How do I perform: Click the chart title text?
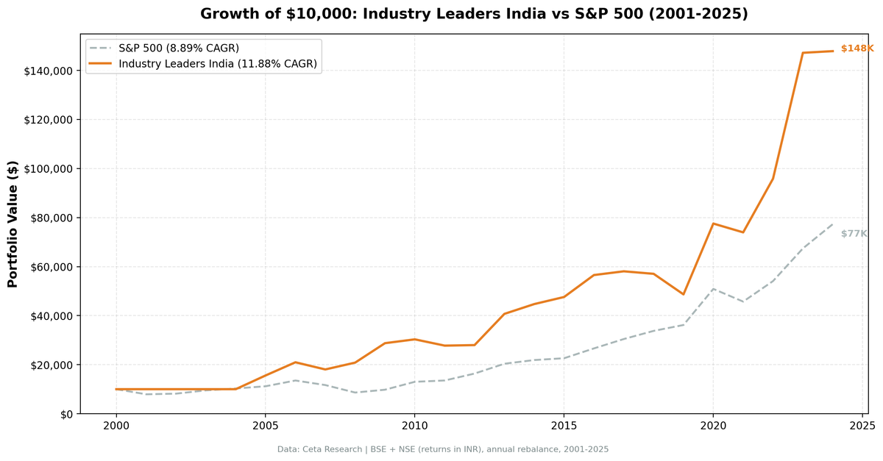(x=474, y=14)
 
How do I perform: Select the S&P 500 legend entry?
(x=178, y=49)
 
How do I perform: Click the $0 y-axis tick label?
(x=66, y=414)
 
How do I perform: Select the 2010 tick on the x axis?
(x=414, y=426)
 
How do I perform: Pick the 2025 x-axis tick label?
(x=862, y=426)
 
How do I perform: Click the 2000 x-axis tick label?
(x=116, y=426)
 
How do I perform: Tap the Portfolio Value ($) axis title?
(x=13, y=224)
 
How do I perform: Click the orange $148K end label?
(x=857, y=49)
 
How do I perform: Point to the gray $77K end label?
(x=854, y=234)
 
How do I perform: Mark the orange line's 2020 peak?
(x=713, y=224)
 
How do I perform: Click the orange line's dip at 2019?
(x=684, y=294)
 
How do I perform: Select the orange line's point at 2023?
(x=803, y=53)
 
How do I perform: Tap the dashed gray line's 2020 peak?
(x=713, y=289)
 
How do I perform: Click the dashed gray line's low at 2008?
(x=355, y=393)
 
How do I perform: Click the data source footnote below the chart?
(x=442, y=449)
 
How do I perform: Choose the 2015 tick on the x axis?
(x=564, y=426)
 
